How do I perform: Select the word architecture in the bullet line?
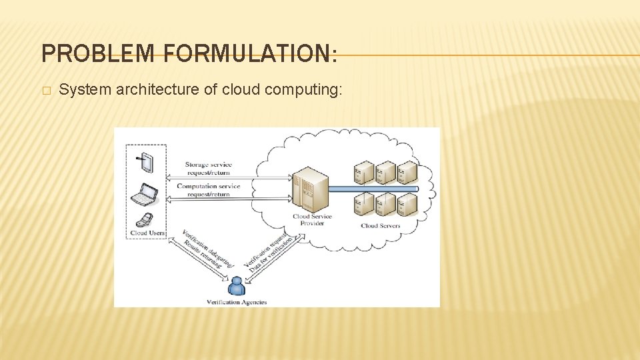point(161,90)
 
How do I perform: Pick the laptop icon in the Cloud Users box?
point(144,194)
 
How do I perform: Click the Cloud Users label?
point(147,233)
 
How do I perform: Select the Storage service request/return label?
point(209,168)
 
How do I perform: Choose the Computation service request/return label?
point(209,190)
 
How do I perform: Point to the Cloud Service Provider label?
point(312,220)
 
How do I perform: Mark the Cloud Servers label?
point(381,226)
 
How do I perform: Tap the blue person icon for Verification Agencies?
point(236,287)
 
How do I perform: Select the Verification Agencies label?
point(237,302)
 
